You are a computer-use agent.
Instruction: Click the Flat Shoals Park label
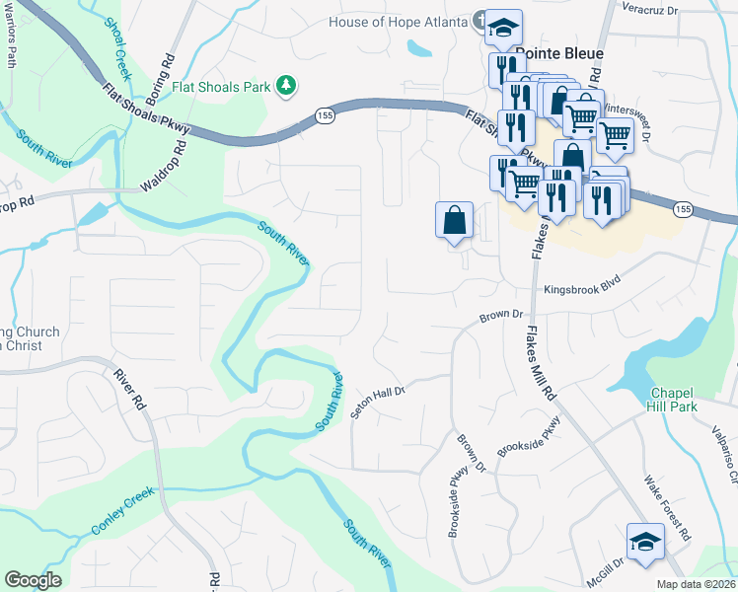click(x=222, y=86)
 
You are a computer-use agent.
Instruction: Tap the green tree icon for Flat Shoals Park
click(x=286, y=86)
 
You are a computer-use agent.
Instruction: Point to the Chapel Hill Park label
click(x=673, y=400)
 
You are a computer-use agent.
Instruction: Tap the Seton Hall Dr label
click(x=378, y=402)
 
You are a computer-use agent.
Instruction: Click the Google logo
click(x=34, y=580)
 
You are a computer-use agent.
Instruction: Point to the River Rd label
click(x=129, y=389)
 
